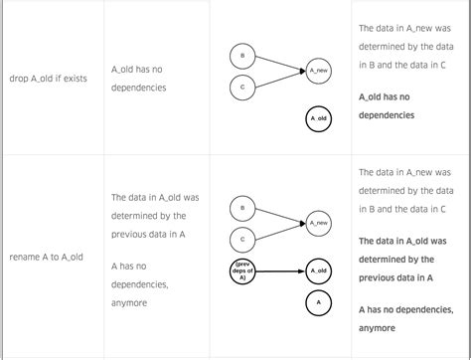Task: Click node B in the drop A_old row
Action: point(242,54)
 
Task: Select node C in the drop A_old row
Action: point(242,88)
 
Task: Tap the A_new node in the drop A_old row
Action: point(318,71)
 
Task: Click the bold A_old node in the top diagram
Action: point(318,118)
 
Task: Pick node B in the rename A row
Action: point(242,208)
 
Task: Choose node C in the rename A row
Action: point(242,240)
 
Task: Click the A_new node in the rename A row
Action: point(318,224)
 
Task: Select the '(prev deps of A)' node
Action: point(242,270)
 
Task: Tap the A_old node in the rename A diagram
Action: point(318,270)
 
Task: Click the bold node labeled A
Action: point(318,302)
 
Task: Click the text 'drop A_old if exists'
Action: point(47,78)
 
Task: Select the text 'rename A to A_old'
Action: point(46,257)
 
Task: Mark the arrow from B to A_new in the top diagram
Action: point(278,63)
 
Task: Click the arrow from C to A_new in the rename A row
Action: point(278,233)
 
